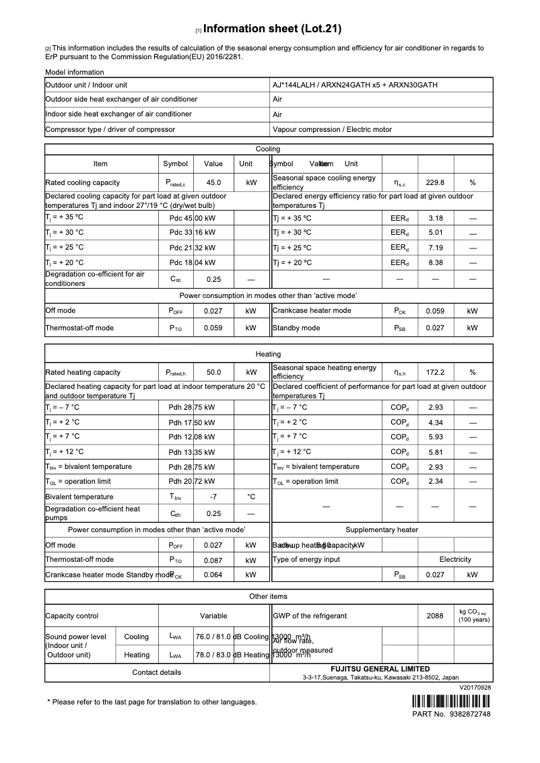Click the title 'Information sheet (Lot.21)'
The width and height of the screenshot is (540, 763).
[x=272, y=29]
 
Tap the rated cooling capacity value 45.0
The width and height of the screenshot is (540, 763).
[x=213, y=182]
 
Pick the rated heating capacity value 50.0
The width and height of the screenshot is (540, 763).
[x=213, y=372]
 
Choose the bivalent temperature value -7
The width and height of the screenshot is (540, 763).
[x=213, y=497]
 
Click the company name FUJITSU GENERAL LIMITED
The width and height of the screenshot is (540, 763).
[x=380, y=669]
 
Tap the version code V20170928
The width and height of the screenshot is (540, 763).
[x=475, y=688]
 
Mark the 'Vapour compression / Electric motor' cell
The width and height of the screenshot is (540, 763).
[x=332, y=129]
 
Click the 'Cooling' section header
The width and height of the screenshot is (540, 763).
[x=268, y=149]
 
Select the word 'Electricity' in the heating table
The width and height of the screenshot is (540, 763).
[x=455, y=559]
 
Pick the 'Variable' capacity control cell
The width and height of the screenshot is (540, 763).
[x=213, y=616]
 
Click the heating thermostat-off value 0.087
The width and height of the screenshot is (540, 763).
[x=213, y=560]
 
